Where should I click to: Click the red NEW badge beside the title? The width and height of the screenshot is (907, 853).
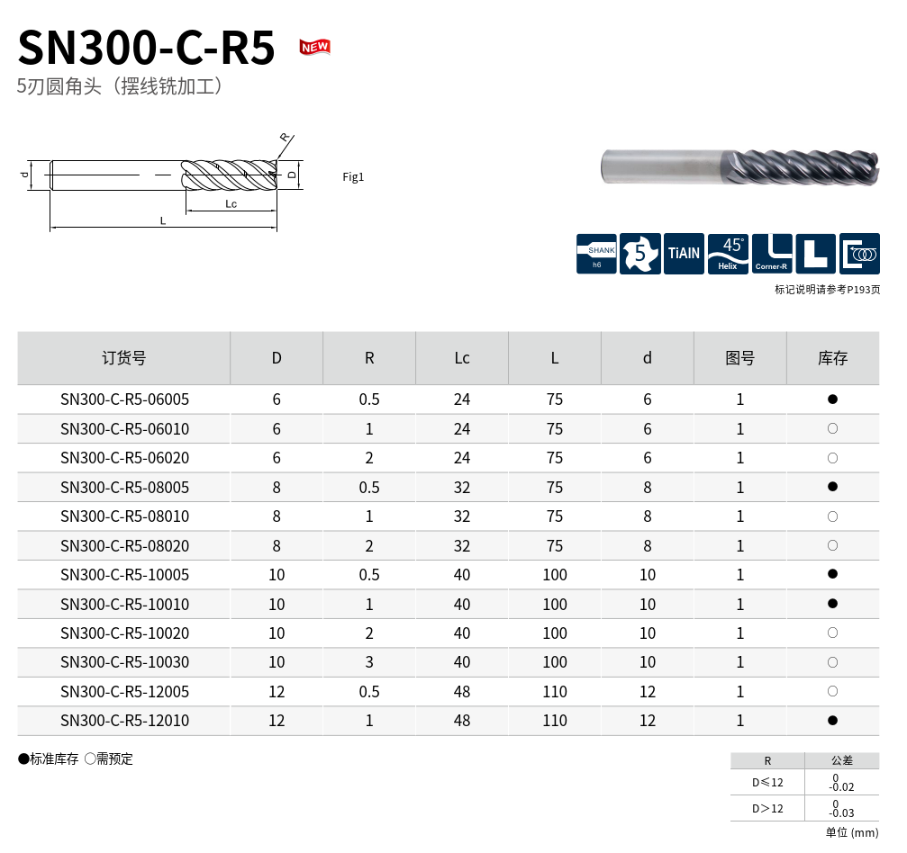pyautogui.click(x=314, y=47)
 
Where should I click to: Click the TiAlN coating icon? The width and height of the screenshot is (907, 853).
pyautogui.click(x=684, y=254)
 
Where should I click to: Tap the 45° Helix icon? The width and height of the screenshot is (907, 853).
pyautogui.click(x=728, y=254)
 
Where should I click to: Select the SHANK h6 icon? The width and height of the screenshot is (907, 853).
pyautogui.click(x=596, y=254)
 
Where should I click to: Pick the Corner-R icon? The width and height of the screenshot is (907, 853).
pyautogui.click(x=772, y=254)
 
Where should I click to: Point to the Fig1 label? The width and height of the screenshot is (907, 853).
pyautogui.click(x=353, y=177)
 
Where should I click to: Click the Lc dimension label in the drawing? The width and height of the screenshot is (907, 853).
pyautogui.click(x=231, y=203)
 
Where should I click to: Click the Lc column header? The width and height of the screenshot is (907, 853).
pyautogui.click(x=461, y=358)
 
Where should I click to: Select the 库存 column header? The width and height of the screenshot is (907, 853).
pyautogui.click(x=832, y=358)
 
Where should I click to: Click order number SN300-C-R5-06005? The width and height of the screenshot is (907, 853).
pyautogui.click(x=124, y=400)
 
